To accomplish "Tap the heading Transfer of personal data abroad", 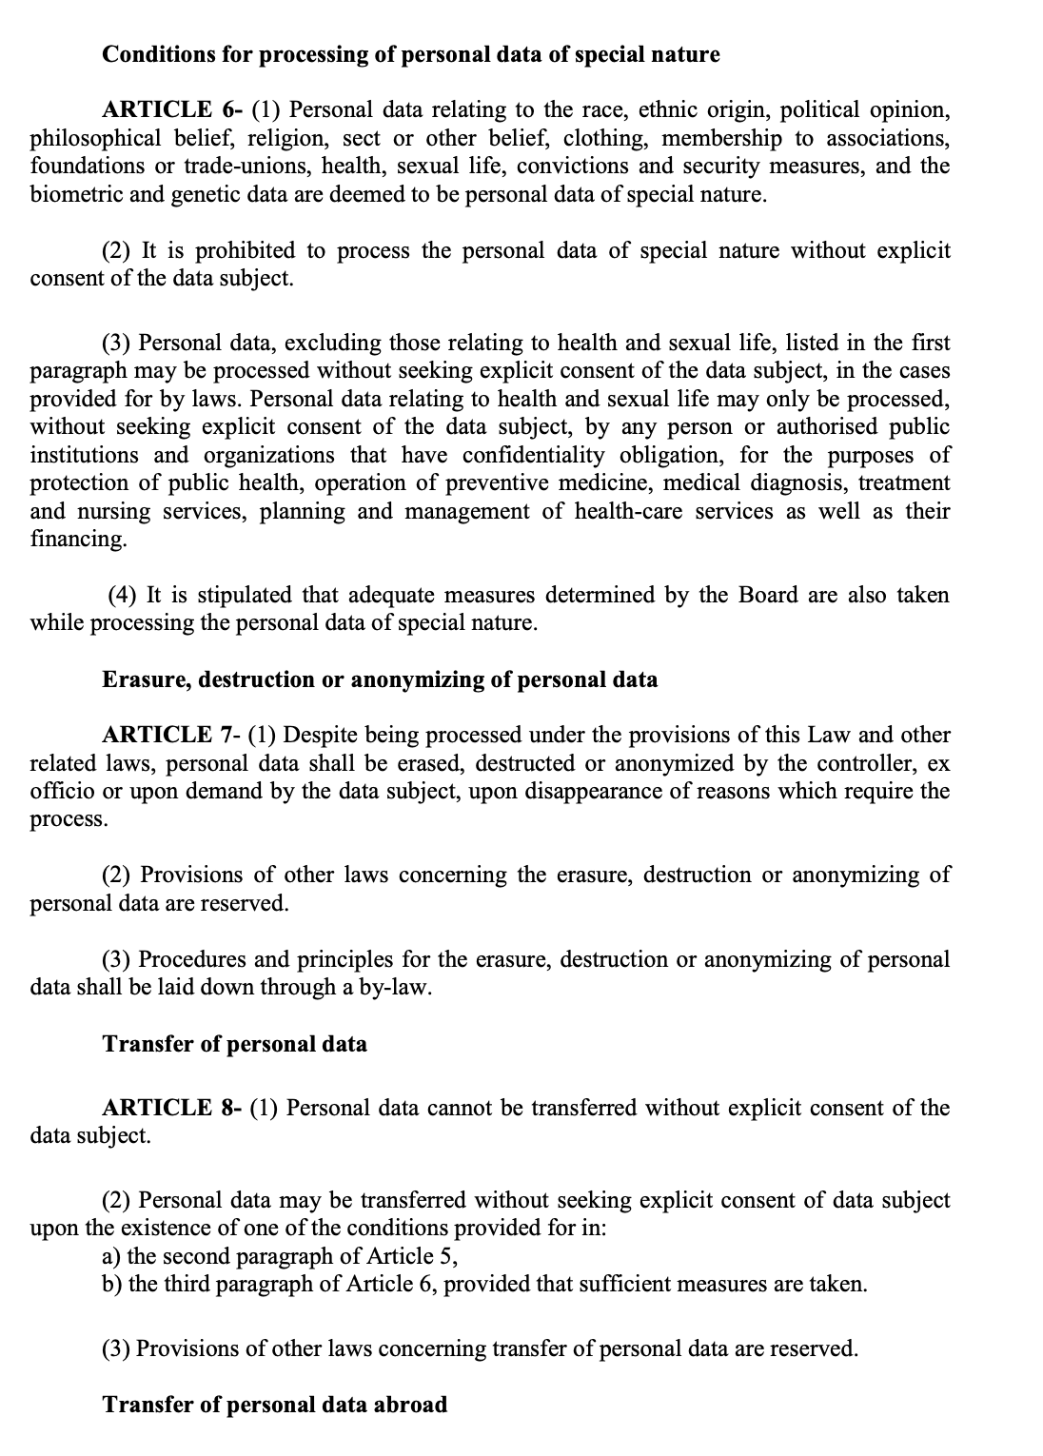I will tap(274, 1405).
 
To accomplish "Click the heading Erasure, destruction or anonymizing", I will tap(380, 679).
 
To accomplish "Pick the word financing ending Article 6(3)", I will tap(77, 539).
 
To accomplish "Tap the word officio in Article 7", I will tap(63, 791).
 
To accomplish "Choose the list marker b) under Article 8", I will tap(112, 1284).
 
